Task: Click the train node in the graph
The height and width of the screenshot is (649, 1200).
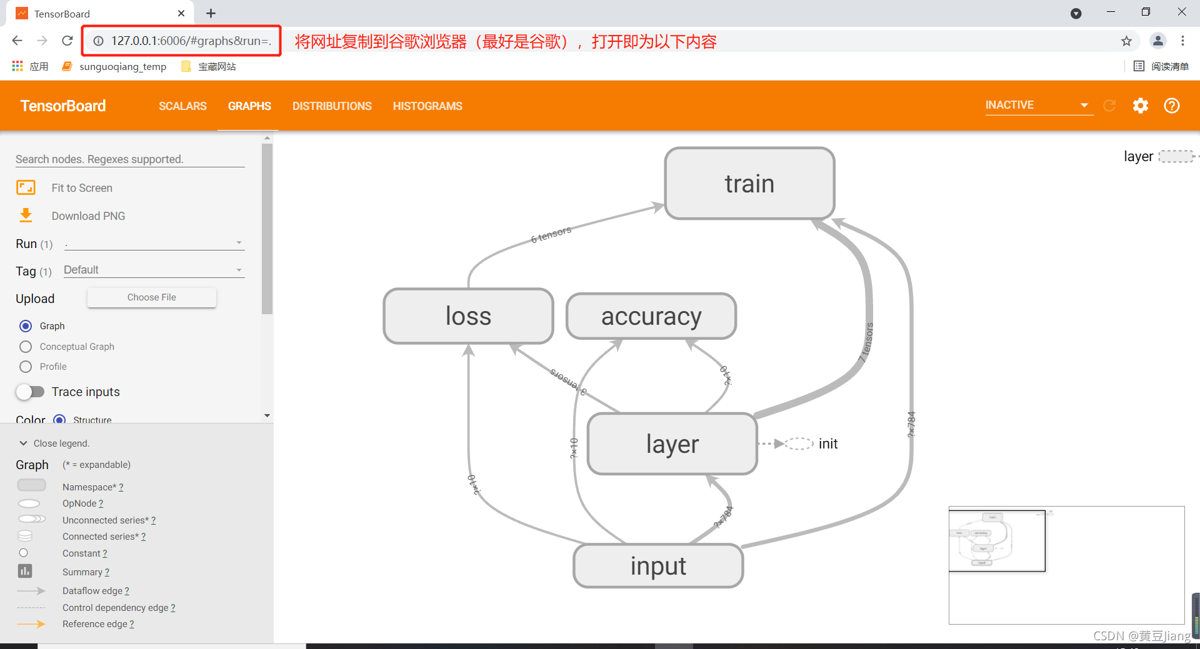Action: click(749, 184)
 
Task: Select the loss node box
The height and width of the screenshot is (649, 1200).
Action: click(468, 316)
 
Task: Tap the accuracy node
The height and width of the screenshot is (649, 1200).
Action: click(651, 316)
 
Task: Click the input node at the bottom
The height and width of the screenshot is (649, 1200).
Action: click(658, 566)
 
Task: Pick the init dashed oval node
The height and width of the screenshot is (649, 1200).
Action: click(799, 443)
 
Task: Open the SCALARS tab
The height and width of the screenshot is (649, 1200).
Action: click(182, 106)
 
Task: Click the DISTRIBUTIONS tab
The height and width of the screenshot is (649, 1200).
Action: click(332, 106)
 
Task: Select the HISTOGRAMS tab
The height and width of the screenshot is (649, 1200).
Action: click(427, 106)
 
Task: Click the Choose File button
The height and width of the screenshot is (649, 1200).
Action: click(152, 297)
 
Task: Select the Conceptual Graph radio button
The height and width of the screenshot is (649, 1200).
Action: click(26, 347)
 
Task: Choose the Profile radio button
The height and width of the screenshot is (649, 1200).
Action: click(26, 367)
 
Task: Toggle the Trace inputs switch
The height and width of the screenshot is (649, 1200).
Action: click(30, 392)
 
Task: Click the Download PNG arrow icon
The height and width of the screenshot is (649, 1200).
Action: click(26, 216)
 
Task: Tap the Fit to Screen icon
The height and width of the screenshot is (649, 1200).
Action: click(26, 187)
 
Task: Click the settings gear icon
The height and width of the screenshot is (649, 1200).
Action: click(1141, 106)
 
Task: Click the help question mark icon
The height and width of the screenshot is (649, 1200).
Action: click(1172, 106)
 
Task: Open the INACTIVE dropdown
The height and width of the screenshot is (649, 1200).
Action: click(1037, 105)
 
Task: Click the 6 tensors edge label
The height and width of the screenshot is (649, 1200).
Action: click(551, 235)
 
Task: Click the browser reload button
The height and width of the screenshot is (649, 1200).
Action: click(67, 41)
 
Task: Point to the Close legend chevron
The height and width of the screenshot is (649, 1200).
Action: click(24, 443)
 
